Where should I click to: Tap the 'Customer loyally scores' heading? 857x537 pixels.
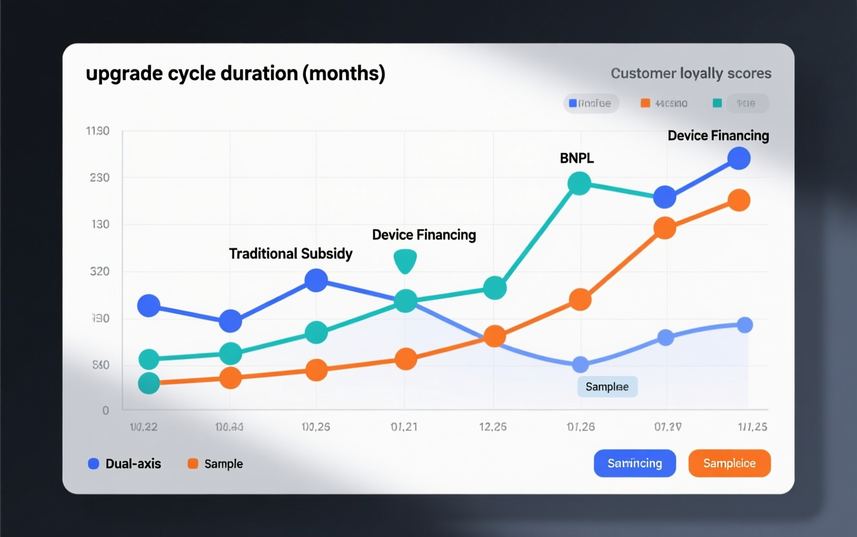pos(691,74)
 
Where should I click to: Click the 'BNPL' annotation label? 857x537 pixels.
pos(576,158)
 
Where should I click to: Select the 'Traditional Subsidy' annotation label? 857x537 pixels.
pos(290,254)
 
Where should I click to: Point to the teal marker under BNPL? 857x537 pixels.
pos(580,183)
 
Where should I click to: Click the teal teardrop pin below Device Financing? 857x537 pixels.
pos(405,261)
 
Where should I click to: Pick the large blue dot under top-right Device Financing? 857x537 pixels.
pos(738,158)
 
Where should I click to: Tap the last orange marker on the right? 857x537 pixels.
pos(738,200)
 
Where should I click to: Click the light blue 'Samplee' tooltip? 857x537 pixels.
pos(607,387)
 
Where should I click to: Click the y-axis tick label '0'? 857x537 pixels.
pos(106,410)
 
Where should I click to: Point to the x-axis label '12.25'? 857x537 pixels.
pos(492,427)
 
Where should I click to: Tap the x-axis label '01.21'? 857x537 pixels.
pos(404,427)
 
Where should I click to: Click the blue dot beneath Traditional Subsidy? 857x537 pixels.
pos(316,280)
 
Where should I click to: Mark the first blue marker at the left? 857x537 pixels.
pos(149,305)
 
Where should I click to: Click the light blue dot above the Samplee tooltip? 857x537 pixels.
pos(580,365)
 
